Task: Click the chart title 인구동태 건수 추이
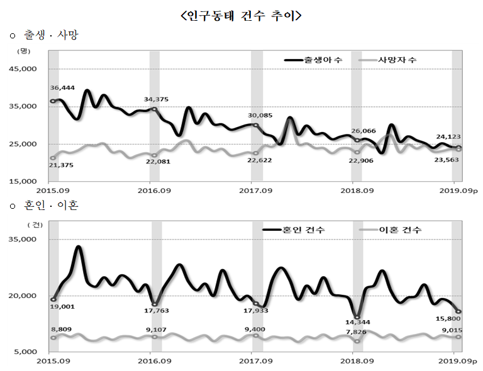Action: coord(241,16)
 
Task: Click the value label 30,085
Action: coord(260,115)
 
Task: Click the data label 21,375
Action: coord(62,165)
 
